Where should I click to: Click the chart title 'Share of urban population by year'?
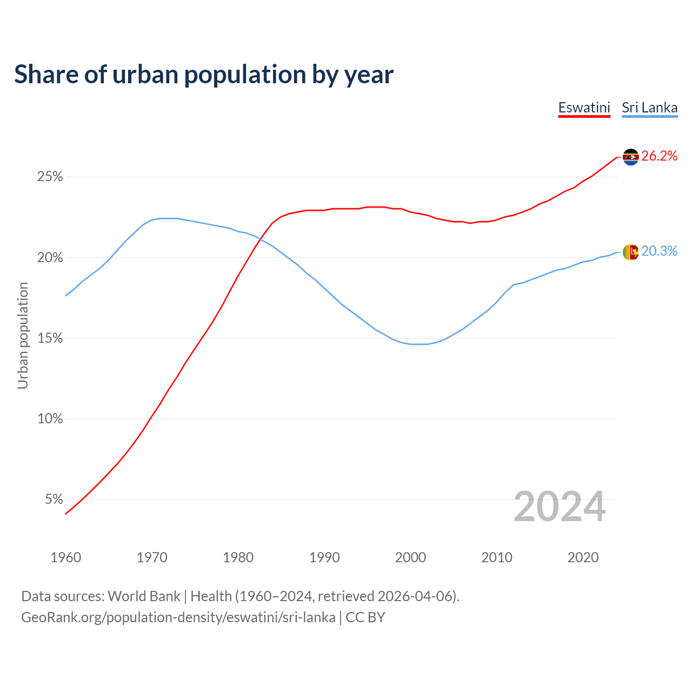[x=204, y=75]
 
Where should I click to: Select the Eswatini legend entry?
[x=584, y=108]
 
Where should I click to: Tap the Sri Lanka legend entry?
[x=649, y=108]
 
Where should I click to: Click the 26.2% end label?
[x=659, y=156]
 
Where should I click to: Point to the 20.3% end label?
[x=659, y=251]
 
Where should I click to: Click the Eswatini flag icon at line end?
[x=630, y=157]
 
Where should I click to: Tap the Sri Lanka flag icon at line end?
[x=630, y=252]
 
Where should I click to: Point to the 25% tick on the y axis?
[x=50, y=177]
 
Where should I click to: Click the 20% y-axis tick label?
[x=50, y=258]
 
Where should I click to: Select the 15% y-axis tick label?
[x=50, y=338]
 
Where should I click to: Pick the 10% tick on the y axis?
[x=50, y=419]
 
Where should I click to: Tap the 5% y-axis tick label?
[x=54, y=500]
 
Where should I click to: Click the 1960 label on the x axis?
[x=65, y=557]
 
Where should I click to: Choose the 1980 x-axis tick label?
[x=238, y=557]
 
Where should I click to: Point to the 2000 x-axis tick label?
[x=410, y=557]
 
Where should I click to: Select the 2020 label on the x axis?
[x=583, y=557]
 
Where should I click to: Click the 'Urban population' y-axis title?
[x=23, y=336]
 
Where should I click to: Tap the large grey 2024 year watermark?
[x=560, y=507]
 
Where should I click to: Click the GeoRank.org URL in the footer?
[x=178, y=617]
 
